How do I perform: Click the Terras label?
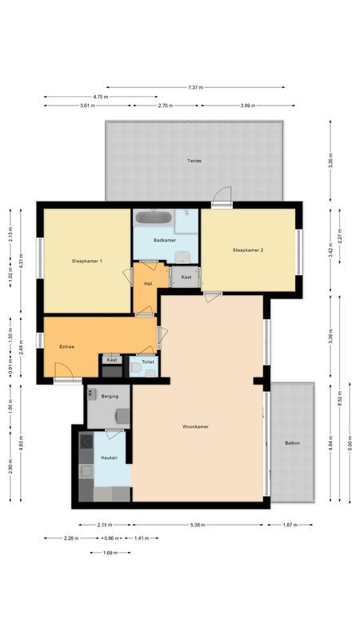click(194, 161)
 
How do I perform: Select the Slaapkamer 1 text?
click(86, 261)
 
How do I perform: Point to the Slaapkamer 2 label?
click(248, 250)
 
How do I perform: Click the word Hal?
click(148, 283)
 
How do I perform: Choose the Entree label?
click(67, 346)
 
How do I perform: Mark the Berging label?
click(110, 396)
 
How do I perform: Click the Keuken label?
click(109, 457)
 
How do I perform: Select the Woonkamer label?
click(195, 426)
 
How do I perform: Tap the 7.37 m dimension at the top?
click(194, 86)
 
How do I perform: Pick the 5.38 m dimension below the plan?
click(197, 525)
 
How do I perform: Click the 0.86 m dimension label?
click(109, 538)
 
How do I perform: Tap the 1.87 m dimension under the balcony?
click(291, 525)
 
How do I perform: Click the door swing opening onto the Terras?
click(223, 196)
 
